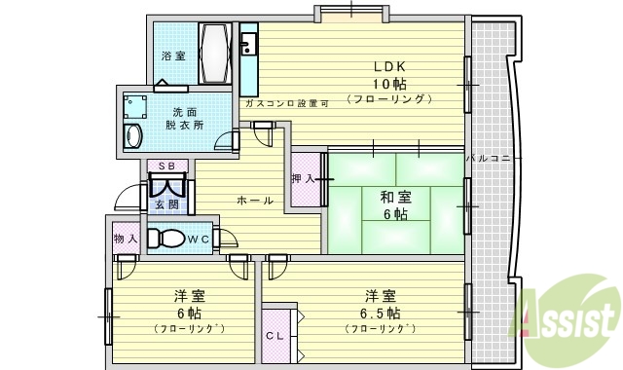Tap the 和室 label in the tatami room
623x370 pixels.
tap(394, 196)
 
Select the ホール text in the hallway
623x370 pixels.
tap(255, 201)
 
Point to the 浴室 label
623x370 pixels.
tap(173, 56)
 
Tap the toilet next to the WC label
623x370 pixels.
tap(167, 238)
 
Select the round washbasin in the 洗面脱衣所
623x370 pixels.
tap(133, 135)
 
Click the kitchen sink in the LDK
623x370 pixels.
tap(247, 44)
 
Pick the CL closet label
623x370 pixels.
tap(275, 336)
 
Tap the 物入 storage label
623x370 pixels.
tap(125, 238)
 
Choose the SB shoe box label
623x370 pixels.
tap(166, 166)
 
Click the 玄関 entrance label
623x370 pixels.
tap(166, 204)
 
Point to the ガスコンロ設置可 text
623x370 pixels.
tap(286, 102)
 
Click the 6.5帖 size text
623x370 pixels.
tap(380, 314)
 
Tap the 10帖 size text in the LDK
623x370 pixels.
tap(388, 84)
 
